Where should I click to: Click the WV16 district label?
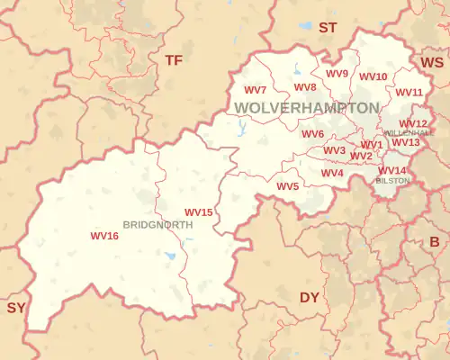coord(104,236)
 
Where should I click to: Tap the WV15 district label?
coord(198,212)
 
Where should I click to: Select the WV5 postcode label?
coord(287,186)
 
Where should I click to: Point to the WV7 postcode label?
coord(255,90)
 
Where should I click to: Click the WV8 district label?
coord(305,87)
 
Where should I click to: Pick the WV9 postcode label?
coord(337,74)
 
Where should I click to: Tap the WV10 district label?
coord(373,76)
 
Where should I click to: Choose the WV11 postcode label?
coord(409,93)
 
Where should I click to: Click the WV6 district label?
coord(312,134)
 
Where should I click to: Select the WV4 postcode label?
coord(332,173)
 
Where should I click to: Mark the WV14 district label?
coord(391,171)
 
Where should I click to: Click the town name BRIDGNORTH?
coord(157,224)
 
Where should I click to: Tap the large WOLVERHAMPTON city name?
coord(307,108)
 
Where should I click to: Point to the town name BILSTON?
coord(391,181)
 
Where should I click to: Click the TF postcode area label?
coord(173,59)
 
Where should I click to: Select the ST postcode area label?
coord(328,28)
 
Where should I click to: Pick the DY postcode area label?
coord(310,297)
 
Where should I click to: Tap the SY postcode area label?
coord(16,308)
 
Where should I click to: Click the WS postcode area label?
coord(432,62)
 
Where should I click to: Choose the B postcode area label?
coord(434,241)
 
